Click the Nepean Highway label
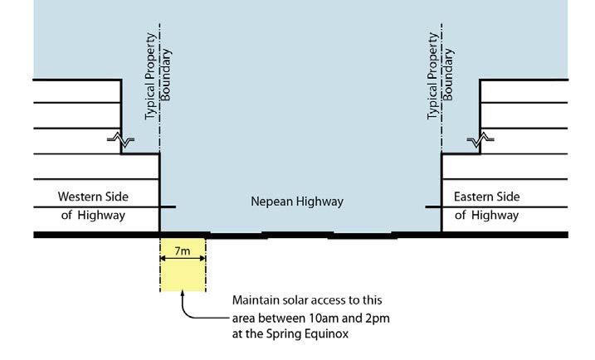coord(297,202)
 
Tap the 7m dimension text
coord(182,250)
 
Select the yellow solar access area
coord(182,274)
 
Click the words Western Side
coord(91,197)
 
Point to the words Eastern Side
coord(486,197)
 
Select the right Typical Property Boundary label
coord(439,75)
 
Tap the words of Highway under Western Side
coord(91,216)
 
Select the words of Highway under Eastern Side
coord(486,216)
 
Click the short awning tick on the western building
coord(168,207)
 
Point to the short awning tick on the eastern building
coord(432,207)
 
